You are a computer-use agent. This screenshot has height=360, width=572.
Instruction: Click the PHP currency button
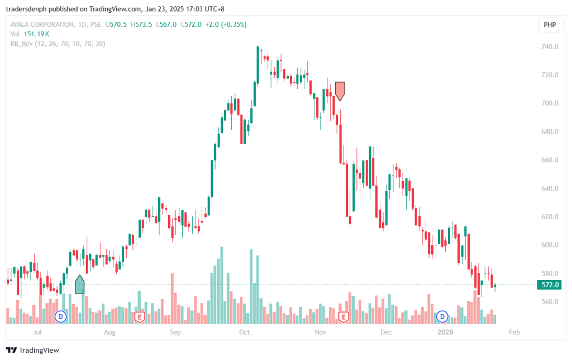[x=550, y=25]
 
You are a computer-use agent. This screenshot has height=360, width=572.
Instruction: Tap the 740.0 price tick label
[x=550, y=47]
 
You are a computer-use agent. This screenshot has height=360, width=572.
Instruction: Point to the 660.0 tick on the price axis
[x=550, y=160]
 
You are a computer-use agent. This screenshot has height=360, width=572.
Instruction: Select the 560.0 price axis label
[x=550, y=302]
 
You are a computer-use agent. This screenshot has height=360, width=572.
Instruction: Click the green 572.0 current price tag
[x=550, y=285]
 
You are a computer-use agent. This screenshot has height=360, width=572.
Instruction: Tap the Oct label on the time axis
[x=244, y=333]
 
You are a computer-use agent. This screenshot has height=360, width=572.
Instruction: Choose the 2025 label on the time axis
[x=445, y=333]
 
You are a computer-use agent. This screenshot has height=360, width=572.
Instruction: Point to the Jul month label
[x=37, y=333]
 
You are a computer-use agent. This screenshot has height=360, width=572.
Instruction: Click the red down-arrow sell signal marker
[x=340, y=91]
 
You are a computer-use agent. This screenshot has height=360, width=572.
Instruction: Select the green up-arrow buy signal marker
[x=80, y=285]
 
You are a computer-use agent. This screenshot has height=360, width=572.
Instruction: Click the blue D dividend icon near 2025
[x=442, y=317]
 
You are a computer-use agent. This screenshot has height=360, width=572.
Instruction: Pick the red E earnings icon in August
[x=140, y=317]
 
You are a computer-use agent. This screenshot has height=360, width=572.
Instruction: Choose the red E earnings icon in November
[x=344, y=317]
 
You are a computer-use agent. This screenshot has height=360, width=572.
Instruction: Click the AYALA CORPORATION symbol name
[x=42, y=25]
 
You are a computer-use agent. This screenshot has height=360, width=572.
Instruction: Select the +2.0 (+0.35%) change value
[x=227, y=25]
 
